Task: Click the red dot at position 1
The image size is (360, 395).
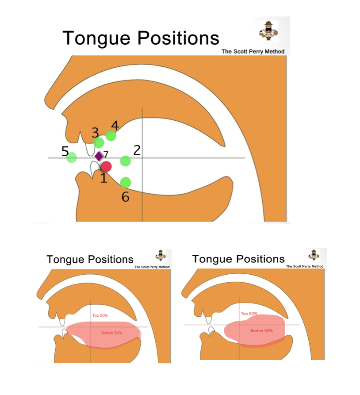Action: click(106, 166)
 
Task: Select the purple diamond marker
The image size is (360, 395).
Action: click(99, 156)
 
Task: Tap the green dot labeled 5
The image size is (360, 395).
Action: click(72, 157)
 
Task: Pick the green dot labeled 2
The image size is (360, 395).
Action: click(126, 161)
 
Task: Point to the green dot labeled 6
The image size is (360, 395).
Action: click(126, 183)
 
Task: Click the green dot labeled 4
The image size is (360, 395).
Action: click(111, 136)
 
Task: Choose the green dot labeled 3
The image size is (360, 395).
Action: click(99, 142)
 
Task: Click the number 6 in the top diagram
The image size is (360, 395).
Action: click(126, 197)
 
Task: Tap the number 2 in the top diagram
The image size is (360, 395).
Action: click(137, 150)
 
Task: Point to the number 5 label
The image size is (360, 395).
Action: click(65, 151)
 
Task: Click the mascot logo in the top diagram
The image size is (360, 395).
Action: click(268, 31)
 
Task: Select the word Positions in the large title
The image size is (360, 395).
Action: click(178, 38)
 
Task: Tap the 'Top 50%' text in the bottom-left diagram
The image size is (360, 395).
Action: click(100, 315)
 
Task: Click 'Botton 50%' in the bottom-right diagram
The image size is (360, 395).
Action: click(261, 330)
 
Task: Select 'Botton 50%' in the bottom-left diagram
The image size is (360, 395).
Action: click(111, 333)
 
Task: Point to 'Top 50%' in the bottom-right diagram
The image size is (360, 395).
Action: click(249, 313)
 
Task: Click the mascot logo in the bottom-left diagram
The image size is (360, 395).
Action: click(161, 255)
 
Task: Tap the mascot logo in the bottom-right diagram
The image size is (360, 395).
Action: click(314, 255)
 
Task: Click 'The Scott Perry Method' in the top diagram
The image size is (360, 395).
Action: click(253, 51)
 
